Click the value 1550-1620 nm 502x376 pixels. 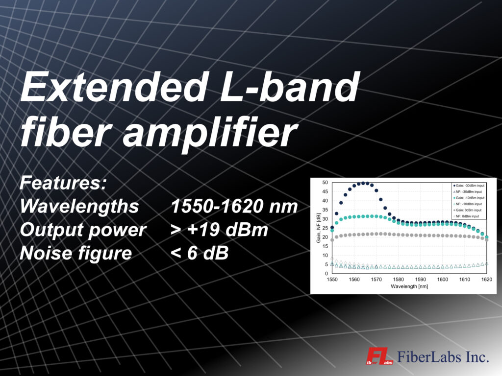234,207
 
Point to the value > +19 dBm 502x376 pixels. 219,230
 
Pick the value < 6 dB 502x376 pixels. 200,253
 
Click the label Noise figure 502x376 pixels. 76,253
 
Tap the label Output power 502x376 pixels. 83,230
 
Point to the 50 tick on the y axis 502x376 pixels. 325,183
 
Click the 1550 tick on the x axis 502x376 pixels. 332,279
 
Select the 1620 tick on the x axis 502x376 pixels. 486,279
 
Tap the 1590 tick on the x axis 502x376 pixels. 421,279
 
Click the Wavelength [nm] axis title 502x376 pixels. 409,286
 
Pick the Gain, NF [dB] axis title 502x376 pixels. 318,228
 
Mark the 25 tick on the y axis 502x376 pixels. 325,228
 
